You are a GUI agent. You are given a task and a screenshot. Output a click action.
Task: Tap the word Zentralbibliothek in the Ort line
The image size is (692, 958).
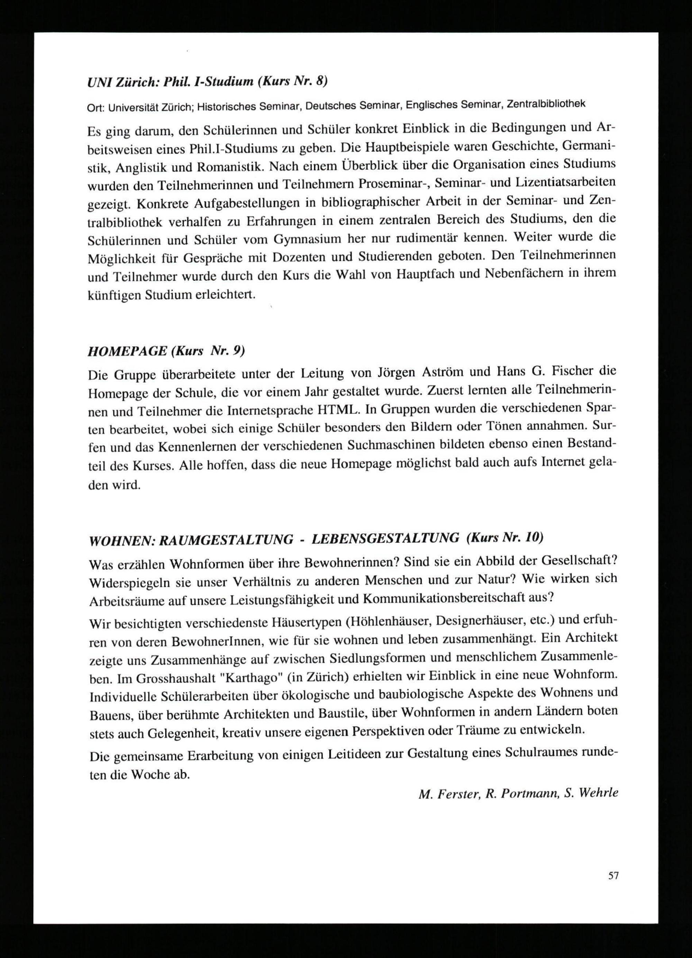pos(546,104)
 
